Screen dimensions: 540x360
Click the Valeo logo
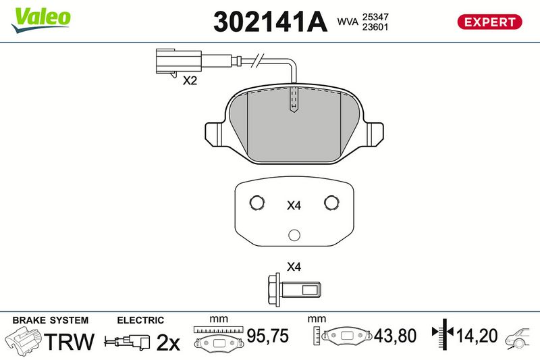pyautogui.click(x=40, y=20)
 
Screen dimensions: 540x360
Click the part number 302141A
pyautogui.click(x=270, y=22)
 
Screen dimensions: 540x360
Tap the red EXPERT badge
pyautogui.click(x=489, y=22)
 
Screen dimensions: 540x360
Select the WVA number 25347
pyautogui.click(x=375, y=17)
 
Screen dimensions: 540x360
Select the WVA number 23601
pyautogui.click(x=375, y=27)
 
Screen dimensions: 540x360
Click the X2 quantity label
pyautogui.click(x=190, y=80)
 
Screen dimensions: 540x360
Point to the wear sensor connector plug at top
pyautogui.click(x=178, y=62)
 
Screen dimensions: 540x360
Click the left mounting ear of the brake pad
pyautogui.click(x=216, y=134)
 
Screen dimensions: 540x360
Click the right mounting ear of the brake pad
pyautogui.click(x=373, y=134)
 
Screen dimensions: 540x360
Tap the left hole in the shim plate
pyautogui.click(x=257, y=203)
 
